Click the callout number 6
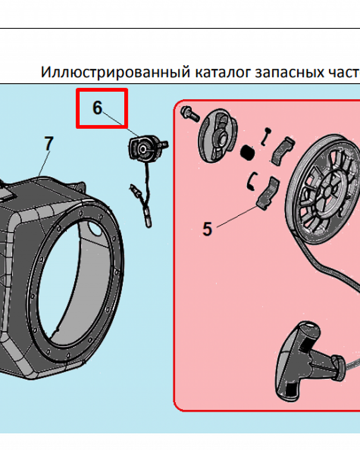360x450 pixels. pyautogui.click(x=97, y=108)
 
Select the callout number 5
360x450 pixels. pyautogui.click(x=207, y=229)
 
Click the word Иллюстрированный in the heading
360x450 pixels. pyautogui.click(x=115, y=72)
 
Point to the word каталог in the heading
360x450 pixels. pyautogui.click(x=222, y=72)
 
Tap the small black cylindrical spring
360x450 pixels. pyautogui.click(x=247, y=153)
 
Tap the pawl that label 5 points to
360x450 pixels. pyautogui.click(x=268, y=194)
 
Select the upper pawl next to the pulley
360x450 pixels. pyautogui.click(x=283, y=151)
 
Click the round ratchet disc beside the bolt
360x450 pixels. pyautogui.click(x=218, y=136)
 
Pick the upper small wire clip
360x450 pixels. pyautogui.click(x=265, y=136)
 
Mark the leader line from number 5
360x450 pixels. pyautogui.click(x=237, y=217)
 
